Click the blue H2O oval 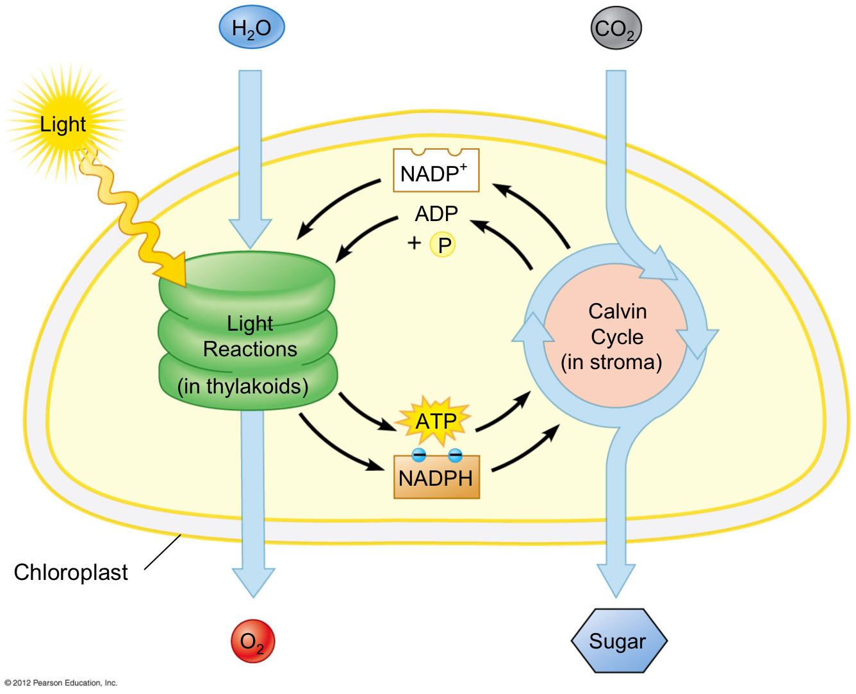click(x=252, y=28)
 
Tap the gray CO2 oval click(x=616, y=28)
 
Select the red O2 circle click(x=253, y=641)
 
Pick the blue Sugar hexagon click(x=619, y=641)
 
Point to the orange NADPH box click(x=436, y=477)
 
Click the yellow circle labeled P click(x=443, y=244)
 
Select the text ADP click(x=436, y=213)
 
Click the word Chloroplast click(x=70, y=572)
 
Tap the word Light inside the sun click(x=63, y=124)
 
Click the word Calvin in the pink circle click(x=618, y=311)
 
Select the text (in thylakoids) click(x=243, y=386)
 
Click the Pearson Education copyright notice click(x=61, y=682)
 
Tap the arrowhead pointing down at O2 click(x=253, y=582)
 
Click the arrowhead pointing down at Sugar click(x=616, y=580)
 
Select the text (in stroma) click(x=611, y=362)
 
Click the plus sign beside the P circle click(x=414, y=243)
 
